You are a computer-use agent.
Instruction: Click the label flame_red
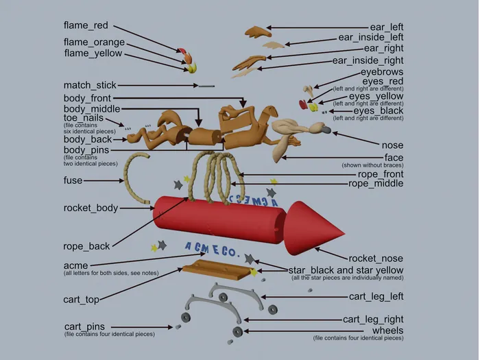click(x=86, y=25)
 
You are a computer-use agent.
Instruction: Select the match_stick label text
click(x=90, y=85)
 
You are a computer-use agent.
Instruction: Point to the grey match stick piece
click(x=206, y=86)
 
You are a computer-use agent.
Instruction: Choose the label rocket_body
click(x=91, y=208)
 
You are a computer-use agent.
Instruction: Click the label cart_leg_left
click(x=376, y=296)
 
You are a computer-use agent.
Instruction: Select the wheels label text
click(x=387, y=331)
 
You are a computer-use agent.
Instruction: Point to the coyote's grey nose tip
click(x=326, y=130)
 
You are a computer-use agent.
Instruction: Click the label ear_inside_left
click(x=371, y=37)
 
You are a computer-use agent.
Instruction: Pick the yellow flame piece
click(x=192, y=68)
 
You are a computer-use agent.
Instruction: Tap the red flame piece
click(x=182, y=51)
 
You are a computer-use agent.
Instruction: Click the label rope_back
click(x=86, y=246)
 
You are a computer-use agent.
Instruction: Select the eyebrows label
click(x=382, y=72)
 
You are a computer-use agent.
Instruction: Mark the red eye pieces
click(x=303, y=104)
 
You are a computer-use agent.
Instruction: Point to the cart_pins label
click(x=84, y=326)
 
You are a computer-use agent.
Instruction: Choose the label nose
click(x=392, y=145)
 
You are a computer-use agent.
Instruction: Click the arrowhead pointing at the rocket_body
click(x=152, y=208)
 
